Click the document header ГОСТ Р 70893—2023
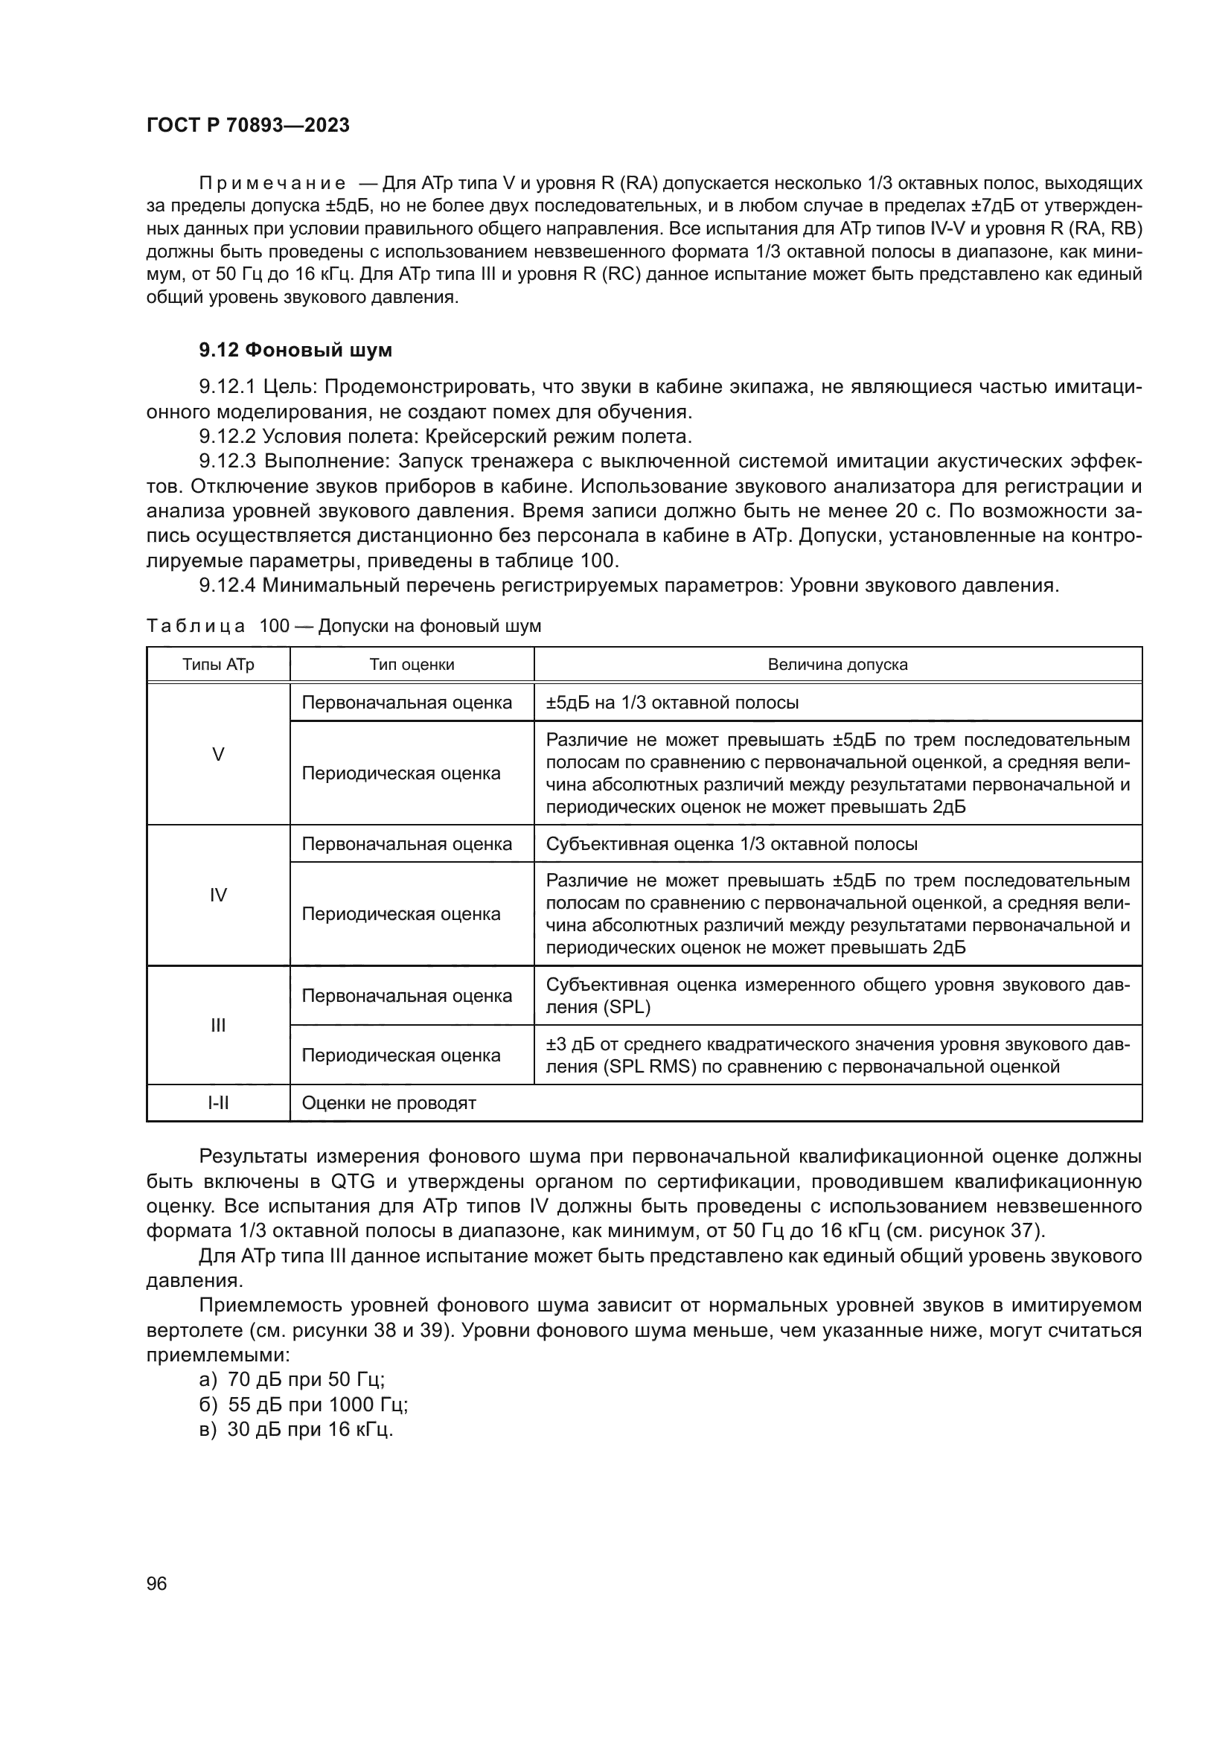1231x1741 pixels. (x=248, y=126)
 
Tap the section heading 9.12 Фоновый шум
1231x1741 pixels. (x=295, y=351)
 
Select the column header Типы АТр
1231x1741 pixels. (x=218, y=665)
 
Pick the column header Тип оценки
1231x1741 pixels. (x=412, y=665)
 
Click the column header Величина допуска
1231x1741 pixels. (x=837, y=665)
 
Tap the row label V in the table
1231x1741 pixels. (x=218, y=755)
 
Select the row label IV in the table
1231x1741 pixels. (x=218, y=895)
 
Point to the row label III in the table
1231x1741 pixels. (x=218, y=1026)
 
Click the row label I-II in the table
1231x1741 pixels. (x=218, y=1103)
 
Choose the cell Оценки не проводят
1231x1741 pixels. (x=389, y=1103)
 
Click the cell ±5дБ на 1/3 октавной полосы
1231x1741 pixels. (x=671, y=703)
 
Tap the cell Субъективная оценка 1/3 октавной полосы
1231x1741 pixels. (x=732, y=844)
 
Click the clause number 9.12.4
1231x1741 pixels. (x=228, y=585)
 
